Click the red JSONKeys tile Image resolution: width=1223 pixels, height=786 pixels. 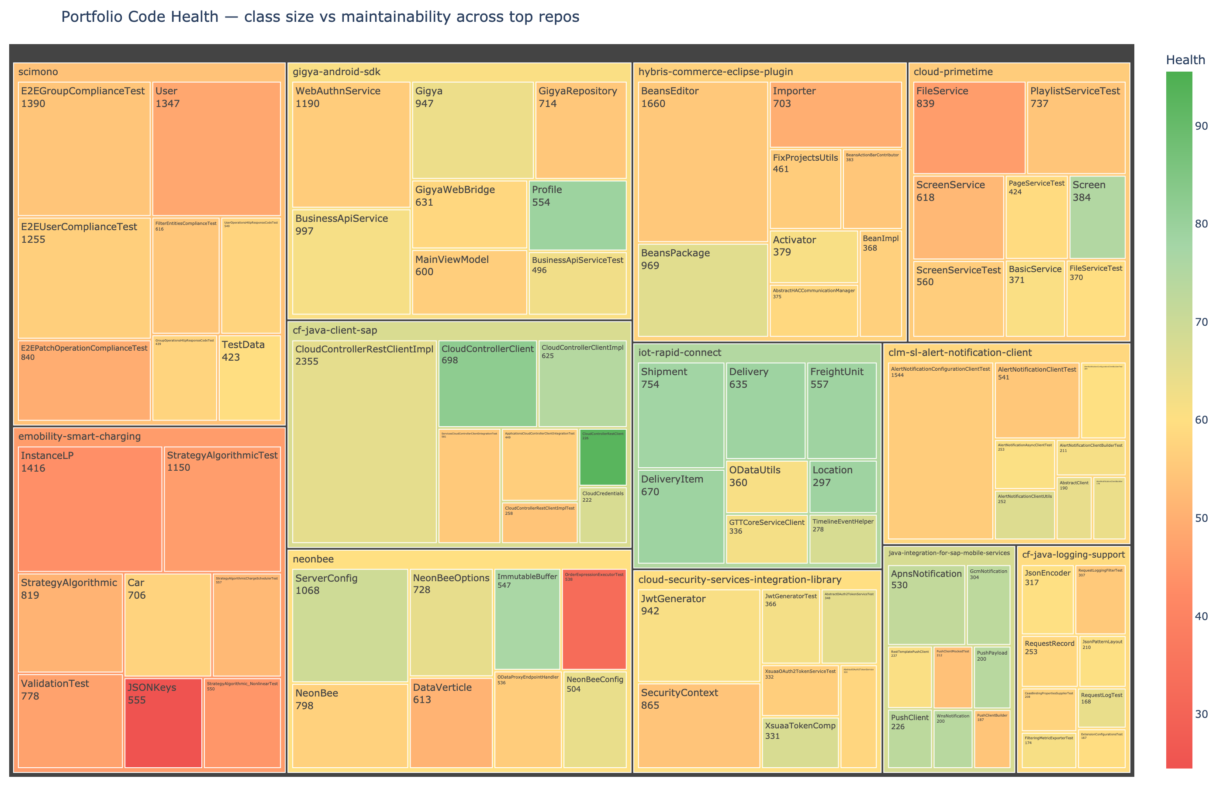coord(163,722)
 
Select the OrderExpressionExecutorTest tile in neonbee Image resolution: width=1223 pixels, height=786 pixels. coord(594,619)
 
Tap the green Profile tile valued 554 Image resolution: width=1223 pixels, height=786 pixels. coord(577,215)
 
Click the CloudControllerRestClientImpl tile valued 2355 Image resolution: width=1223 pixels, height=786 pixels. coord(364,441)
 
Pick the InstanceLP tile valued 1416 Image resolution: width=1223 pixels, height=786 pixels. coord(90,509)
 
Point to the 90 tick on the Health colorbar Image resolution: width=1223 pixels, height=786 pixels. coord(1202,126)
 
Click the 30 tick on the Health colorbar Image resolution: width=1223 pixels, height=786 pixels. coord(1202,714)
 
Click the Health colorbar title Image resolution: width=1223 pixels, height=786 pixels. coord(1185,60)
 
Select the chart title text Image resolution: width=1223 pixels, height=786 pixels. coord(320,17)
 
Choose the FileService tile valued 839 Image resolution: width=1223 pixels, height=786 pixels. coord(969,128)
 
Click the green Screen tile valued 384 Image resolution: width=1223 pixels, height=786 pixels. coord(1097,217)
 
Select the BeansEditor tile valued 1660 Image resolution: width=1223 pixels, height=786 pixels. coord(702,161)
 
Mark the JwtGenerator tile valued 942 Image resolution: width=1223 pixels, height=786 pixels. coord(699,635)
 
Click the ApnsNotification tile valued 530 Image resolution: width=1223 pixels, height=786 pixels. coord(926,605)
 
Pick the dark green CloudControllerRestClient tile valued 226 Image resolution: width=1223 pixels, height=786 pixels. coord(603,457)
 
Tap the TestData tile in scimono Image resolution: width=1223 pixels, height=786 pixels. coord(249,378)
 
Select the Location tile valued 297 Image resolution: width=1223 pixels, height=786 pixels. coord(843,486)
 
